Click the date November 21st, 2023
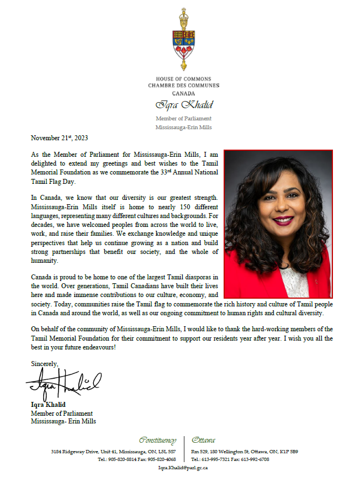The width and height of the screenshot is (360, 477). pyautogui.click(x=60, y=138)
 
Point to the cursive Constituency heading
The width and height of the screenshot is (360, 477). pyautogui.click(x=157, y=440)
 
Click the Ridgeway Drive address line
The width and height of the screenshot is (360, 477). pyautogui.click(x=113, y=452)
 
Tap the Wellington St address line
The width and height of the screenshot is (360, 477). pyautogui.click(x=245, y=452)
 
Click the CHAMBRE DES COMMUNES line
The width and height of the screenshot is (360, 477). pyautogui.click(x=183, y=86)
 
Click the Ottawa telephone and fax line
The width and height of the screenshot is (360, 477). pyautogui.click(x=230, y=459)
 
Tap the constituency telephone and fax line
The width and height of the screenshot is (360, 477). pyautogui.click(x=137, y=459)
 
